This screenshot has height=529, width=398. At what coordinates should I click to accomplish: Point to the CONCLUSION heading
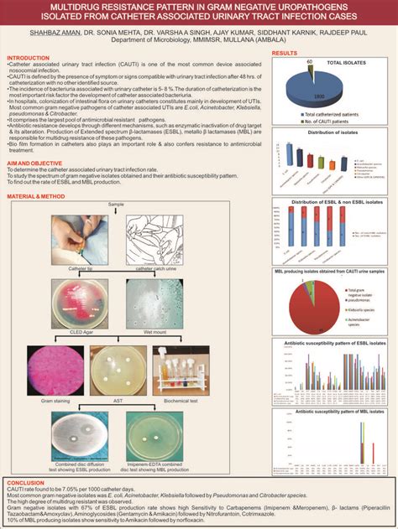tap(25, 484)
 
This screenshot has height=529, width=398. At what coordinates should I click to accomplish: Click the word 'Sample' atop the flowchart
tap(116, 204)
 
